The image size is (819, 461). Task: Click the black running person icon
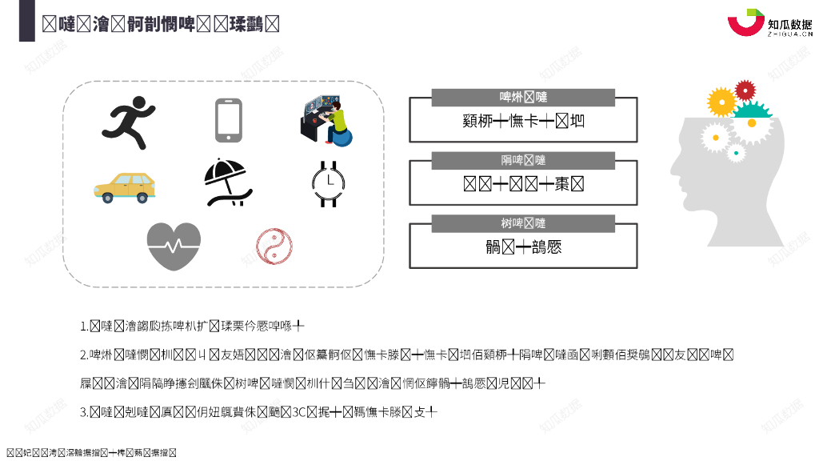(x=127, y=122)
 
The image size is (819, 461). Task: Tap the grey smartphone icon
(x=228, y=120)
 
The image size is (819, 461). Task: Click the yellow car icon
(x=124, y=186)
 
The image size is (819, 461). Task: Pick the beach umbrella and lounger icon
(x=227, y=182)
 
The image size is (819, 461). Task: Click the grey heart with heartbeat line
(x=174, y=246)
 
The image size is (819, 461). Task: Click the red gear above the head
(x=745, y=90)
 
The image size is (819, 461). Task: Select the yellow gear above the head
(x=721, y=102)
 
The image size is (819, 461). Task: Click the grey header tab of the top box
(x=523, y=98)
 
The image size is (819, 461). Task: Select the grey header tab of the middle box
(x=523, y=160)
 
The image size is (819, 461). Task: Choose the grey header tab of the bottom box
(x=523, y=223)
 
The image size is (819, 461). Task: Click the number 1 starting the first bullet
(x=84, y=327)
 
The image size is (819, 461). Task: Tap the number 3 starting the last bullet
(x=84, y=413)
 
